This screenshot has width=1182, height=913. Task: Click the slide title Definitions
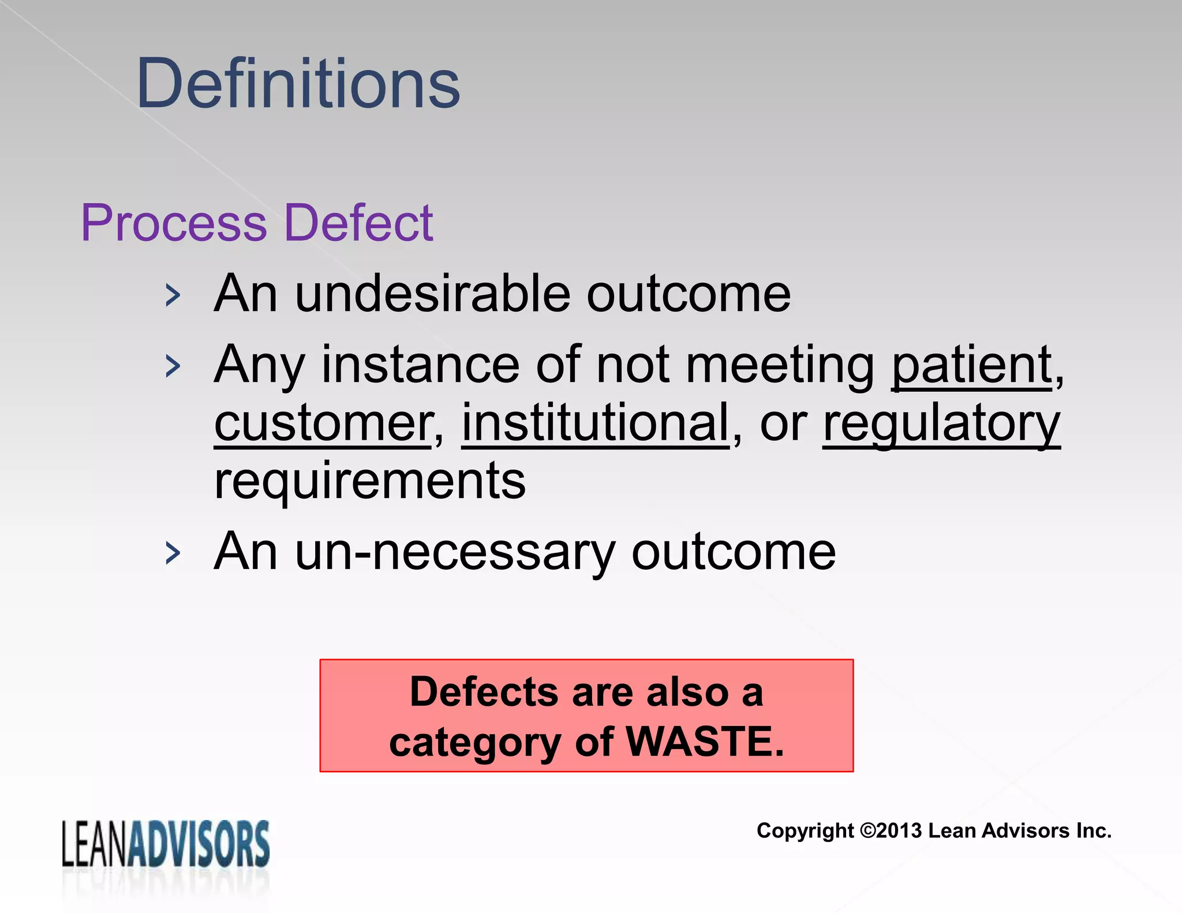coord(298,84)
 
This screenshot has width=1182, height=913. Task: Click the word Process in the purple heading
coord(174,223)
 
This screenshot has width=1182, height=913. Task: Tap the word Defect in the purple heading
coord(358,223)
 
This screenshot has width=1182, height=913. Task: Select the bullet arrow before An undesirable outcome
coord(172,295)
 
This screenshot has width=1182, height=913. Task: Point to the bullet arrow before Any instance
coord(172,366)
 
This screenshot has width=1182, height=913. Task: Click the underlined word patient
coord(972,366)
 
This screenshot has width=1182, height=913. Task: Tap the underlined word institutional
coord(595,422)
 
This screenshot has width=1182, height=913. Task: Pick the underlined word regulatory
coord(941,424)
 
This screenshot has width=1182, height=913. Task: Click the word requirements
coord(369,481)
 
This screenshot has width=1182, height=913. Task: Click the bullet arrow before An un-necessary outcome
coord(172,553)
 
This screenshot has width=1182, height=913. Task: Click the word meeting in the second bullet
coord(780,366)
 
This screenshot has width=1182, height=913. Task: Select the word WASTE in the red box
coord(705,742)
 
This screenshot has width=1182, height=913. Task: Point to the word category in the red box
coord(474,743)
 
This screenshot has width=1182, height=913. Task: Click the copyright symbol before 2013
coord(867,831)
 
